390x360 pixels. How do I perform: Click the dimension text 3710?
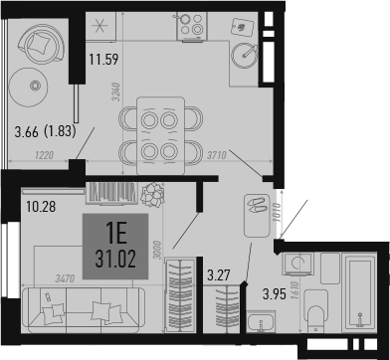[235, 154]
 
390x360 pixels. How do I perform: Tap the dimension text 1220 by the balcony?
[42, 154]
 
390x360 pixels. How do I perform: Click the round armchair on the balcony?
[45, 43]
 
